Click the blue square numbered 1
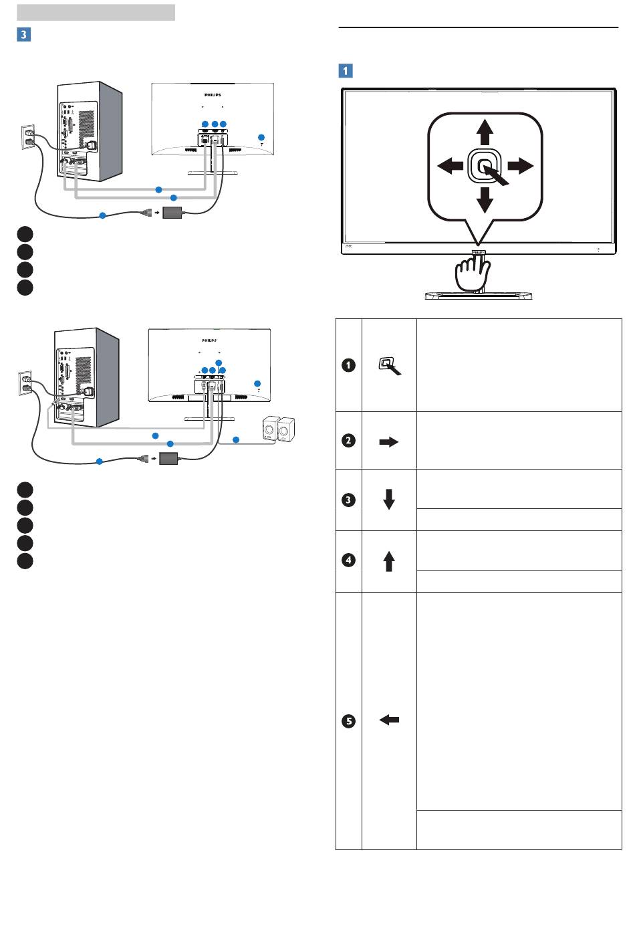point(346,70)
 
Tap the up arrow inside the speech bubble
point(485,132)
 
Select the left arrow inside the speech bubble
point(450,165)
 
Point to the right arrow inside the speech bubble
point(521,165)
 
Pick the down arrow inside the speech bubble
point(485,199)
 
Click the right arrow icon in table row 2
point(388,441)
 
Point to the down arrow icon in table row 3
point(388,500)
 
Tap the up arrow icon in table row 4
point(388,560)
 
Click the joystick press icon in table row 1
point(388,366)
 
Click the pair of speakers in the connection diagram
point(279,428)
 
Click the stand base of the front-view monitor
point(479,294)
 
